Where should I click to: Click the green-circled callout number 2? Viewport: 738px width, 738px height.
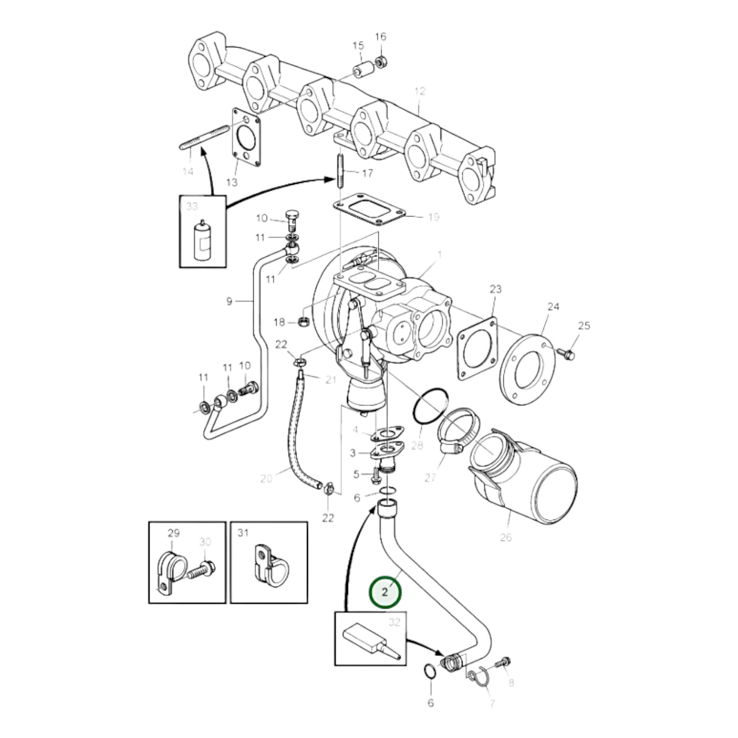coord(385,592)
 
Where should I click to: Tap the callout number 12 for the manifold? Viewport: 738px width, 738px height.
coord(419,92)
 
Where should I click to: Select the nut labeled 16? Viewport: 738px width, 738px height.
coord(380,62)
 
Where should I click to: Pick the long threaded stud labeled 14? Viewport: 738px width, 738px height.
coord(203,139)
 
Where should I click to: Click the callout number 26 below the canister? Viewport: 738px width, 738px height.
coord(505,537)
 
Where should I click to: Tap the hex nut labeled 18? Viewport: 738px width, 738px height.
coord(302,322)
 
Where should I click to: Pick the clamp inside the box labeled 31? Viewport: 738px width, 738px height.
coord(268,564)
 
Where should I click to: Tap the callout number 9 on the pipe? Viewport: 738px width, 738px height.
coord(229,301)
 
